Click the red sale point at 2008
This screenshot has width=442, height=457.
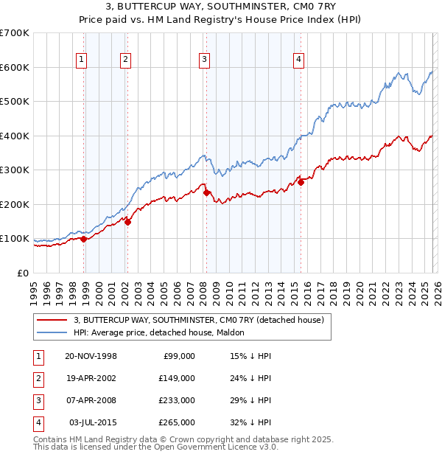click(x=207, y=193)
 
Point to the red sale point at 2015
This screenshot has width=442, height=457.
click(x=301, y=182)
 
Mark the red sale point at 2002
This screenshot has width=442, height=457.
click(x=128, y=222)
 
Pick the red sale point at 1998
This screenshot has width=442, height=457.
click(x=84, y=239)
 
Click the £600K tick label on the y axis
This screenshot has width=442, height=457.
click(x=15, y=67)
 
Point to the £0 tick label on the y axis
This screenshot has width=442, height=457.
click(x=23, y=273)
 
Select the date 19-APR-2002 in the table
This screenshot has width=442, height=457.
click(x=91, y=378)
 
